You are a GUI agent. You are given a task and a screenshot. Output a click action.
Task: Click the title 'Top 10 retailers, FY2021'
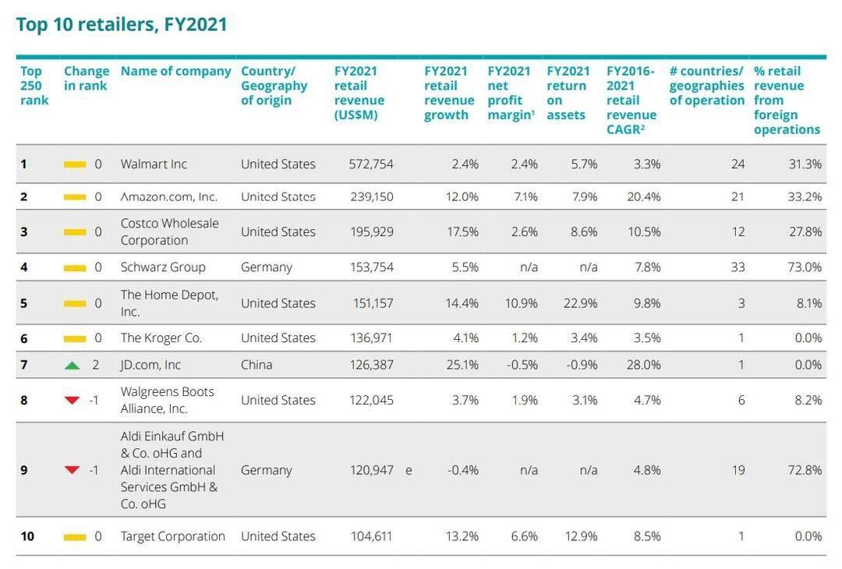[122, 25]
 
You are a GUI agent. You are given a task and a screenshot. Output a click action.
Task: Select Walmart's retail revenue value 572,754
[372, 164]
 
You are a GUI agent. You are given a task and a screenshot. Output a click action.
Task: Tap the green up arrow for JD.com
[72, 365]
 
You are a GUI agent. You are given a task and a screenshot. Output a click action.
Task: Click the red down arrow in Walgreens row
[72, 401]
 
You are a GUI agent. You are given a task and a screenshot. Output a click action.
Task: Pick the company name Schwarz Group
[163, 267]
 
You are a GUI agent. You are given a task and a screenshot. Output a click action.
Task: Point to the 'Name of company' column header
[175, 72]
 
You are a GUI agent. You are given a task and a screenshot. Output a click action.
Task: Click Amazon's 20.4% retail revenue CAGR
[643, 197]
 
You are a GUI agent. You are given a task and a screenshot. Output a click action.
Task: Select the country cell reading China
[256, 365]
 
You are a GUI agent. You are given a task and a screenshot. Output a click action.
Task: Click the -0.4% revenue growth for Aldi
[463, 471]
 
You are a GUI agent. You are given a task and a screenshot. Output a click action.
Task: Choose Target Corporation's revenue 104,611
[372, 536]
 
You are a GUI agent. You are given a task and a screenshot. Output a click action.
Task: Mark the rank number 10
[27, 536]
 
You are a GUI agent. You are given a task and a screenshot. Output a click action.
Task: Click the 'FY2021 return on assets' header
[568, 93]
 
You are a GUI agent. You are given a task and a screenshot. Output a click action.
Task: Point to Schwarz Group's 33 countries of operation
[737, 267]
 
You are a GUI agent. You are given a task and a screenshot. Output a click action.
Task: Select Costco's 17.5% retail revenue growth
[462, 231]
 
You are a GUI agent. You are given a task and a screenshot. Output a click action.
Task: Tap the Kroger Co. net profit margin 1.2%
[524, 338]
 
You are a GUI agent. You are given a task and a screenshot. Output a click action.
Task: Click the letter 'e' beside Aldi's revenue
[409, 471]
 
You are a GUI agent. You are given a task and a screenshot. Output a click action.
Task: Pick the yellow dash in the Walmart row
[75, 164]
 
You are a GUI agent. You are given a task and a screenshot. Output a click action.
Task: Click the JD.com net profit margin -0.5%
[521, 365]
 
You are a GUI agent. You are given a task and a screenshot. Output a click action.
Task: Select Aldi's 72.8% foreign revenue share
[805, 471]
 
